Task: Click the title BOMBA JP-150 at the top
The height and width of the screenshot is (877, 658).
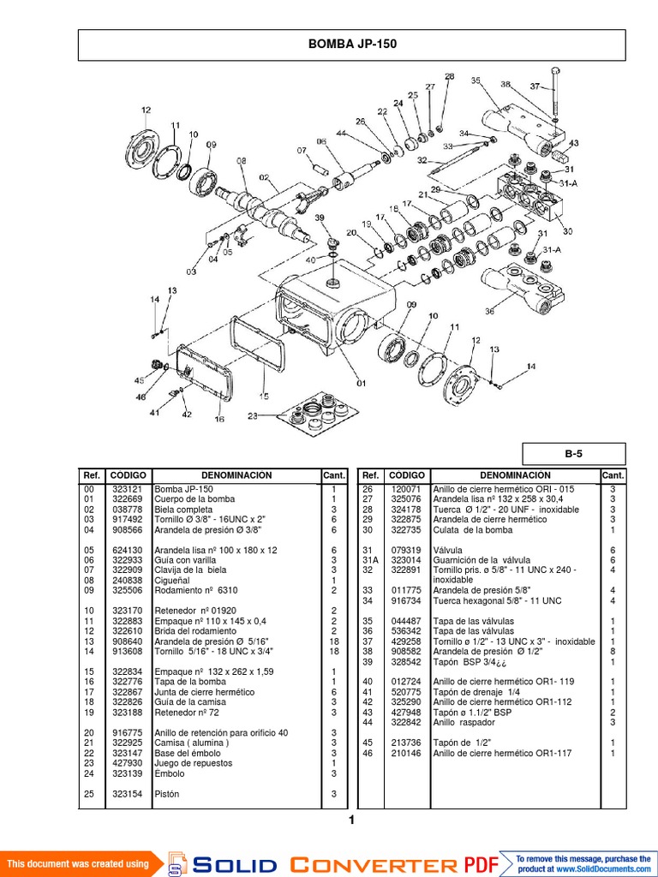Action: pos(352,45)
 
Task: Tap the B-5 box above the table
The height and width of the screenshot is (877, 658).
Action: pos(574,454)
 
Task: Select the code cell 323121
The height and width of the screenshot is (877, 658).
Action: pos(128,489)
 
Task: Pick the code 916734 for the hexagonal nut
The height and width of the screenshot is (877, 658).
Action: pos(401,601)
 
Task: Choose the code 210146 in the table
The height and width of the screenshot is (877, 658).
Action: pos(401,753)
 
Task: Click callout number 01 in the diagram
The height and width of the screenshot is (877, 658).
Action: pos(361,383)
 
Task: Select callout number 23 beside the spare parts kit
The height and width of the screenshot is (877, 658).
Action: pos(253,416)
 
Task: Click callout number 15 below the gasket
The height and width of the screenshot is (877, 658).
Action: pos(264,397)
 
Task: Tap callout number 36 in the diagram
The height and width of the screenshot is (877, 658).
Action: pos(490,311)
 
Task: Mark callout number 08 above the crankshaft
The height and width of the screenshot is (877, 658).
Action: pos(241,161)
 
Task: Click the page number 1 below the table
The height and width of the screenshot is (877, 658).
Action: pos(351,820)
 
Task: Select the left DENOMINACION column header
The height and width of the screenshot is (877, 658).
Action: pos(236,475)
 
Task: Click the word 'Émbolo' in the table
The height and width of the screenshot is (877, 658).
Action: pos(170,773)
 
